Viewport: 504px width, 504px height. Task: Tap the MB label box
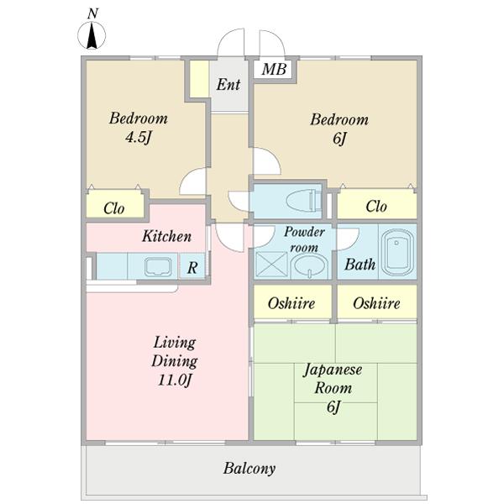[274, 69]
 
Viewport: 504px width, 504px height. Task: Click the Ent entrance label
[228, 85]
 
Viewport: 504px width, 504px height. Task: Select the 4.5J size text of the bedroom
[139, 138]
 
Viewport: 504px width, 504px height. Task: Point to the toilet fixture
[303, 201]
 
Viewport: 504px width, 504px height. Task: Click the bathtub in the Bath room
[397, 252]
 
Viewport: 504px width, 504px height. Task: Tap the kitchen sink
[158, 267]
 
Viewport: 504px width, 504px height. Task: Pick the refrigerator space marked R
[192, 267]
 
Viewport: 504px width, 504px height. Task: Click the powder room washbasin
[309, 266]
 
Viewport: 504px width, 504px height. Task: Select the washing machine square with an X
[271, 265]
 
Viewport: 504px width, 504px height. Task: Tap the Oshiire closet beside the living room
[292, 302]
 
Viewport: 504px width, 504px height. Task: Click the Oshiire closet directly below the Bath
[376, 302]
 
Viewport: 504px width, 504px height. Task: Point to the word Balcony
[249, 469]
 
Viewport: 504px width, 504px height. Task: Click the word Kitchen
[166, 236]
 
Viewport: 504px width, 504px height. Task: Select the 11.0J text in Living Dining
[175, 381]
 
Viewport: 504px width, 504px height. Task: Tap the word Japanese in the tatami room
[333, 370]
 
